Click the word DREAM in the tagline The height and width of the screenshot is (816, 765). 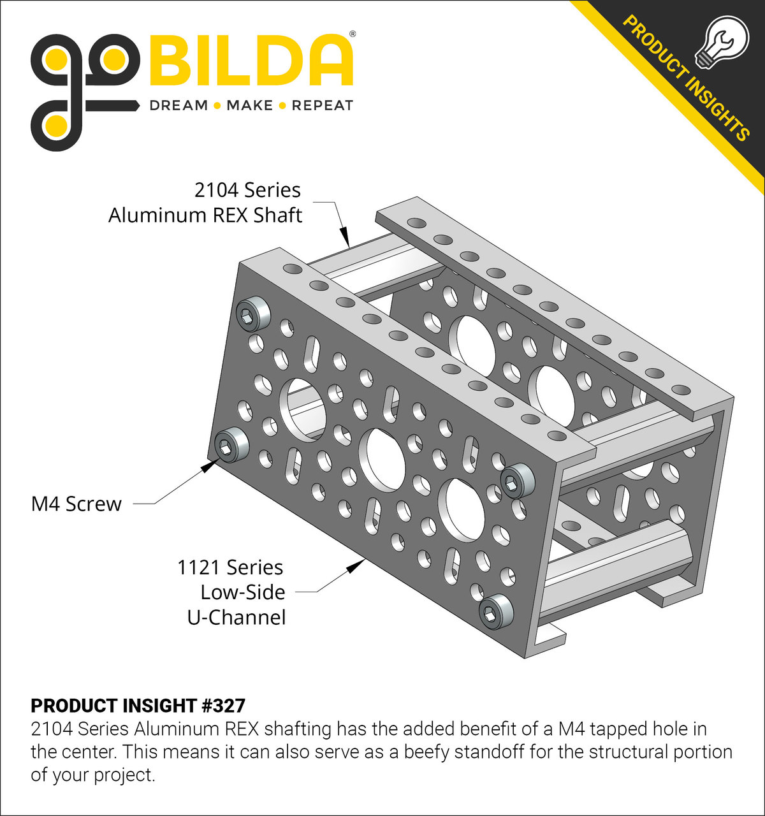click(x=178, y=105)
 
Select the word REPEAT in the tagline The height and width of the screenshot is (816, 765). click(x=322, y=105)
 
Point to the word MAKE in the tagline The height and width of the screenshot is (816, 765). click(x=249, y=105)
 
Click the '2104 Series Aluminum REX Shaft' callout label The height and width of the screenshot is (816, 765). click(x=205, y=202)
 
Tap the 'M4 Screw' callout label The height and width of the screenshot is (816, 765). click(x=76, y=504)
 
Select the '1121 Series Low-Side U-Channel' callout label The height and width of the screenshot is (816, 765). click(x=233, y=592)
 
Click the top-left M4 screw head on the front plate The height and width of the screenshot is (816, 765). click(x=253, y=313)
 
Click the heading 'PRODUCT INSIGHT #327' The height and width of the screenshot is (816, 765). click(x=138, y=706)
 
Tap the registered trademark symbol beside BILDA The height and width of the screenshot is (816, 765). click(x=353, y=33)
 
